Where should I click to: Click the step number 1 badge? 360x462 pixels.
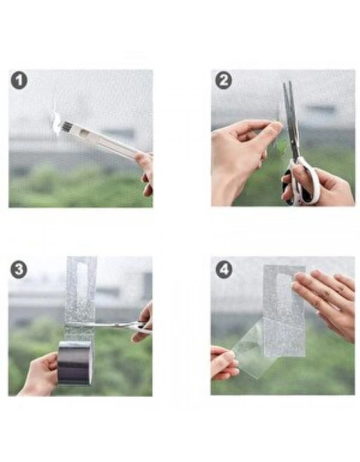19,80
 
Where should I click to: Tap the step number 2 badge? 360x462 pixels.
223,80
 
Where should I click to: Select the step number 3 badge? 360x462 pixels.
19,269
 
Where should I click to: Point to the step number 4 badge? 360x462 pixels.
224,269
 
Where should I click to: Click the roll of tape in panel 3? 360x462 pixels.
75,362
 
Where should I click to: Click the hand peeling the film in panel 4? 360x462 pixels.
223,363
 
